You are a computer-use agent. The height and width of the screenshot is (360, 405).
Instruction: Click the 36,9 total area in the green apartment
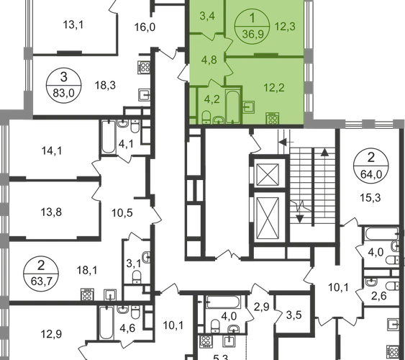253,34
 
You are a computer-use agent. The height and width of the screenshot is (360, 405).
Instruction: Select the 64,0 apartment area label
371,174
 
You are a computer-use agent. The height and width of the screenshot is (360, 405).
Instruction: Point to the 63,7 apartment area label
41,282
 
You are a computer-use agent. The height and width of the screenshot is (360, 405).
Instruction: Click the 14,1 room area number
52,150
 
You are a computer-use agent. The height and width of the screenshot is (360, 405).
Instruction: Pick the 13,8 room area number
51,212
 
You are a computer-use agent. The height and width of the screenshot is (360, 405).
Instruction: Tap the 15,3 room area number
370,198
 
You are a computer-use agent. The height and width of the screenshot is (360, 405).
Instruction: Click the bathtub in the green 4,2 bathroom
233,107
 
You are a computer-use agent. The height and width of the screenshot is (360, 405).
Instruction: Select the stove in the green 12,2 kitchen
273,119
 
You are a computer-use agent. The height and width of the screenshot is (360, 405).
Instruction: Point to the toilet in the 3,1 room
137,276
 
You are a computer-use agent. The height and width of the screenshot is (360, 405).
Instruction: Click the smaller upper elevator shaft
268,174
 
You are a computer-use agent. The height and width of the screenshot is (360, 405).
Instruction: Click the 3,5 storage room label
294,315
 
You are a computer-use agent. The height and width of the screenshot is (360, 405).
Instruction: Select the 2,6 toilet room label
379,296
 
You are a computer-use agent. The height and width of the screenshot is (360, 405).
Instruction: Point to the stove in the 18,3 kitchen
144,68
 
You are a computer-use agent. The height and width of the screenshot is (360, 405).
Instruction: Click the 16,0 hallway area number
145,27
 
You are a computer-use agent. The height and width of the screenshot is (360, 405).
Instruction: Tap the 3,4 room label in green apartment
207,16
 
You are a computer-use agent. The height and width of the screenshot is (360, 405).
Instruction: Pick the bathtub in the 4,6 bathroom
106,323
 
